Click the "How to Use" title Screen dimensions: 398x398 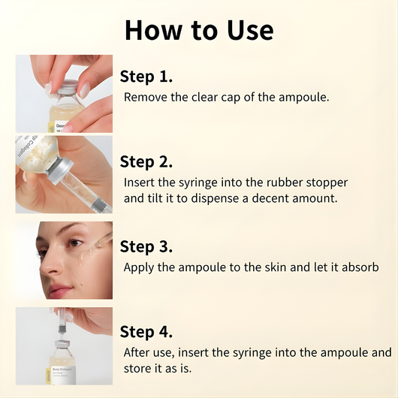pos(199,30)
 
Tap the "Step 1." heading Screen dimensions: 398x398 pos(146,77)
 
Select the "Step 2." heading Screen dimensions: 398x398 pos(146,161)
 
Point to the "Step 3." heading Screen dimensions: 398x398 pos(146,246)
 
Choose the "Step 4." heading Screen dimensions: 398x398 pos(146,331)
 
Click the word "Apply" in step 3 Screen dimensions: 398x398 pos(140,267)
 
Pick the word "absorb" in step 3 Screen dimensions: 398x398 pos(358,267)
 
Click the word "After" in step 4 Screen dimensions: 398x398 pos(139,352)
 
